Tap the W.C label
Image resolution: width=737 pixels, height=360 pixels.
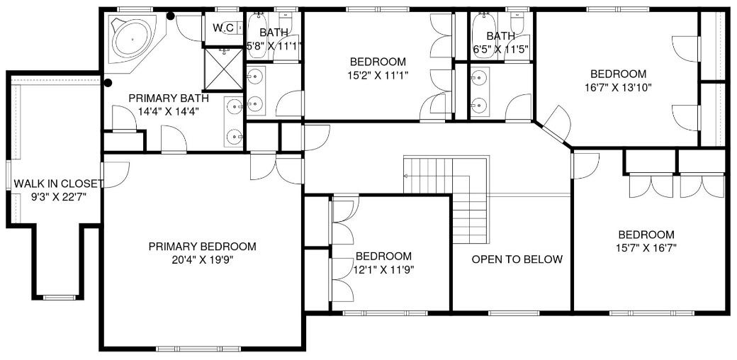click(223, 28)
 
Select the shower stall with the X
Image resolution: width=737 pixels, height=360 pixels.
click(224, 69)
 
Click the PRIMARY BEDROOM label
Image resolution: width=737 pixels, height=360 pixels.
click(203, 247)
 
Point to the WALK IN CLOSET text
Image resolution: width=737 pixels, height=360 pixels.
click(58, 184)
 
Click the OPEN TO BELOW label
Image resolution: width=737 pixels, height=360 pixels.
click(517, 259)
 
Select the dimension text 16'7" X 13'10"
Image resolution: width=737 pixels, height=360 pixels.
click(618, 86)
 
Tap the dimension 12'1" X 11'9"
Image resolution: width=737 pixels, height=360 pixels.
click(384, 269)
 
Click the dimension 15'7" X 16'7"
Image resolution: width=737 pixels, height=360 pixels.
click(646, 247)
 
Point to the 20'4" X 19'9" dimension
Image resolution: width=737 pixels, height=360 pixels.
click(203, 259)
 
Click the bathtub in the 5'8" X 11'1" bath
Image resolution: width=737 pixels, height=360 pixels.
click(257, 35)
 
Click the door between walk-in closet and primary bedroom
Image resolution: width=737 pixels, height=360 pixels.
click(115, 175)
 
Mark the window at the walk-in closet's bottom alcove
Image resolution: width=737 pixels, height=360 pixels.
click(60, 297)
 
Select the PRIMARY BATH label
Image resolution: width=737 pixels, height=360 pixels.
click(169, 99)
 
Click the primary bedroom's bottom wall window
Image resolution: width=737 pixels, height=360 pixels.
click(198, 349)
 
